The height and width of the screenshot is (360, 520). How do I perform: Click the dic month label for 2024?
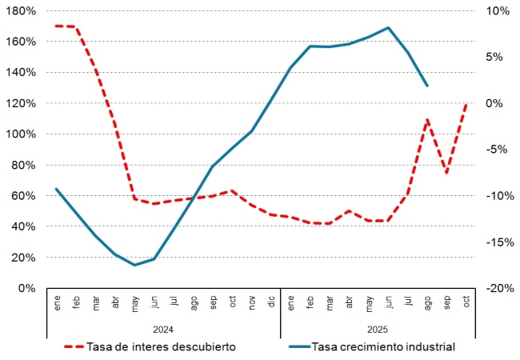coord(271,304)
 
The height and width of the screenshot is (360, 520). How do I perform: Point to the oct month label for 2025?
coord(466,304)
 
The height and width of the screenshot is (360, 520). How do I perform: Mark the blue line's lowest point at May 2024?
coord(134,265)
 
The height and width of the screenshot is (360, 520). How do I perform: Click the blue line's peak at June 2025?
coord(388,27)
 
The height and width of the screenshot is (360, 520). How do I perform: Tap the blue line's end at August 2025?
coord(427,85)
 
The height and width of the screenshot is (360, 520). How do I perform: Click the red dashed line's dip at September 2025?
coord(446,172)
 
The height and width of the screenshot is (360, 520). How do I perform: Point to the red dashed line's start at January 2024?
coord(56,26)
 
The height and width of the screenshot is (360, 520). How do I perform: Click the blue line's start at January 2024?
coord(56,190)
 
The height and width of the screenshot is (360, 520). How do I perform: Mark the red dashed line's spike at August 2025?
coord(427,120)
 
